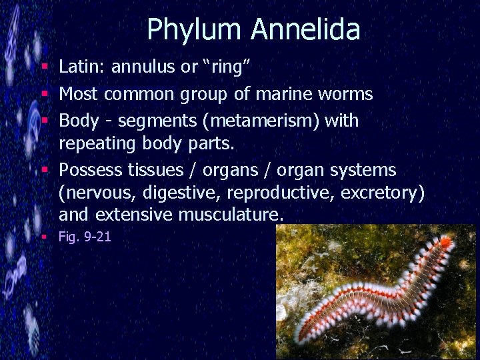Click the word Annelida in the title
click(x=305, y=29)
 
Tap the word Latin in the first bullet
click(x=82, y=67)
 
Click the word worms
click(x=345, y=94)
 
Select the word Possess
click(x=89, y=171)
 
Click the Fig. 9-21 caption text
click(x=85, y=237)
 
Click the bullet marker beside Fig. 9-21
click(x=44, y=237)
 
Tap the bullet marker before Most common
click(x=44, y=94)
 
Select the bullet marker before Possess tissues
click(x=44, y=171)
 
